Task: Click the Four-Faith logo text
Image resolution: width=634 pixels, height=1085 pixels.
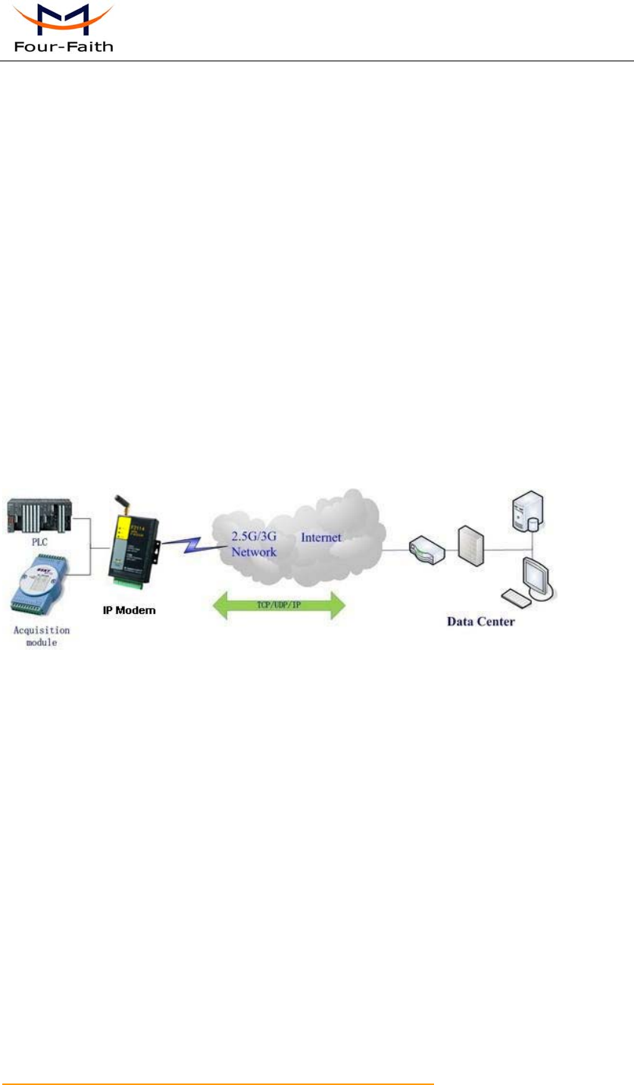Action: [x=64, y=46]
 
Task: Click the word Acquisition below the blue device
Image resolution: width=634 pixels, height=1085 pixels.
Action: [x=42, y=630]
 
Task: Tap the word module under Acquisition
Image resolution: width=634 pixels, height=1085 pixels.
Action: [x=42, y=643]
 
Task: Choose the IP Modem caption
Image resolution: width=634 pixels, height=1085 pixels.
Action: [x=130, y=610]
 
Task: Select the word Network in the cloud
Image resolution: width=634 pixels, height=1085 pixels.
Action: [x=254, y=553]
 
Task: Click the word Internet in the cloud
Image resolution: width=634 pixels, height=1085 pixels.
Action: [x=322, y=538]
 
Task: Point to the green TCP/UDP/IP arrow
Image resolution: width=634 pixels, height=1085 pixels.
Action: [x=280, y=606]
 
